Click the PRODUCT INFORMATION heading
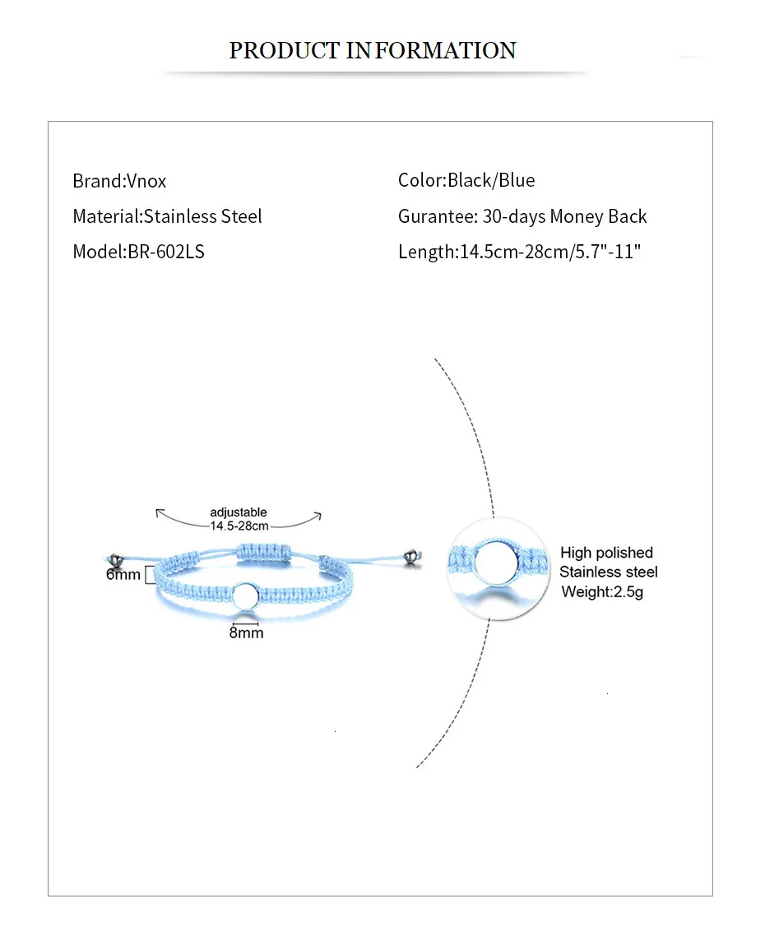(x=373, y=50)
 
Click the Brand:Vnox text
(x=119, y=181)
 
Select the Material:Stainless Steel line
(x=167, y=216)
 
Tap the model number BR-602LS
(x=165, y=252)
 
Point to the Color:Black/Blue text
(x=466, y=180)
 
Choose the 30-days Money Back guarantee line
(x=522, y=216)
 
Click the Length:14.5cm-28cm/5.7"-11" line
(x=519, y=252)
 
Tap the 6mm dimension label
(x=123, y=574)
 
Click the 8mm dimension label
(x=246, y=632)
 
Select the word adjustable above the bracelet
(x=239, y=512)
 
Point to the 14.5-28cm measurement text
(x=239, y=526)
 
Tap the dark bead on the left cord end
(x=119, y=558)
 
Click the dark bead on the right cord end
(x=412, y=558)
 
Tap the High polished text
(x=606, y=553)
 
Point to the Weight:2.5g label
(x=602, y=591)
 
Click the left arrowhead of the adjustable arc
(x=158, y=513)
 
